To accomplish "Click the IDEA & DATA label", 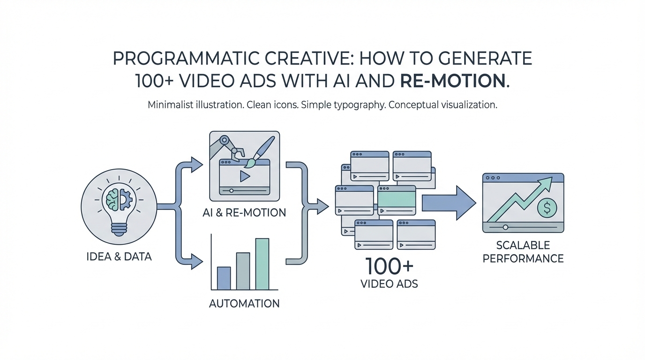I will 119,257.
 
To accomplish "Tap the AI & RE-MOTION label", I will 244,212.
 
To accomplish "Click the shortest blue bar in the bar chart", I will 224,278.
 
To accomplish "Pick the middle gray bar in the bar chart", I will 243,271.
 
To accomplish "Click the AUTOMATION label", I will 244,303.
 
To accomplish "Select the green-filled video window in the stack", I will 397,201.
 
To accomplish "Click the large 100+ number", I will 390,266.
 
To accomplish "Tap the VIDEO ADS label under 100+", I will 390,284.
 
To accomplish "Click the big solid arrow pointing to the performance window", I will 448,202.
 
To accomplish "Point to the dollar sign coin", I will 546,206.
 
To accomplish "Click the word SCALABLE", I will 523,245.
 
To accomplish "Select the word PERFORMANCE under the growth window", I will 523,258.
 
